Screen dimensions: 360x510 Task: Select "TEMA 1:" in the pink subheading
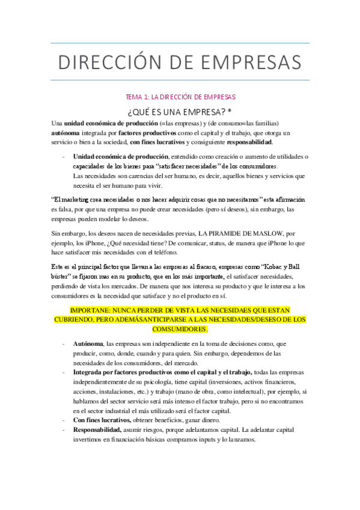136,96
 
